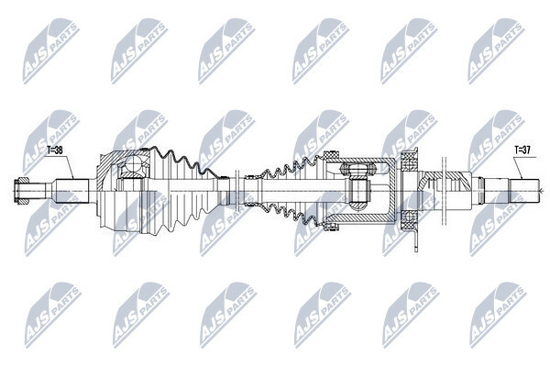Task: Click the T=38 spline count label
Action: (55, 150)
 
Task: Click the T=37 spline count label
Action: (522, 150)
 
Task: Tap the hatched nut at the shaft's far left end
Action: (21, 192)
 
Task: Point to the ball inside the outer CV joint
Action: (133, 163)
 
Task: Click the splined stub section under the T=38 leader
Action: (71, 191)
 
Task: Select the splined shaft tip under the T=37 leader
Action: (524, 191)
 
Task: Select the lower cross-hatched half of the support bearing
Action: (409, 217)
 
